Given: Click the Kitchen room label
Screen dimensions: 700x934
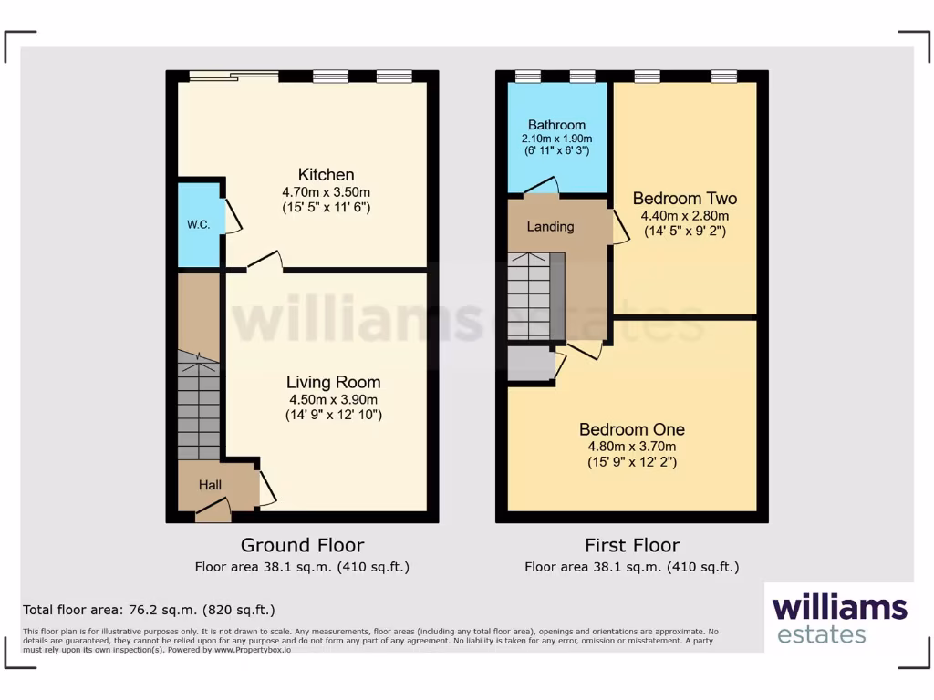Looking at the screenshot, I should (x=326, y=175).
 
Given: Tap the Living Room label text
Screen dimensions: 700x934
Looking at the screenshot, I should (x=333, y=382).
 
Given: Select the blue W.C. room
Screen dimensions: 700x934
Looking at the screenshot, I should (x=198, y=225).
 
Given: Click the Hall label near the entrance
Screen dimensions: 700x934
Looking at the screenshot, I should (x=211, y=485).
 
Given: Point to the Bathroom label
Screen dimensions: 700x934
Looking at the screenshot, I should (x=556, y=125).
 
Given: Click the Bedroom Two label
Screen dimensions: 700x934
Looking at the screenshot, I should (x=684, y=199).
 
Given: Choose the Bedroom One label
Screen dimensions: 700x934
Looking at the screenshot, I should (x=631, y=429).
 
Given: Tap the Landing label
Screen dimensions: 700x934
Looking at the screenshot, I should (x=550, y=226).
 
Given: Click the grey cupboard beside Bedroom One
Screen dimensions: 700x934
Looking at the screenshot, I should (x=530, y=364).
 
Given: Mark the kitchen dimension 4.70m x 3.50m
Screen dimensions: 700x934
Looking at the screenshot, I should (x=326, y=192).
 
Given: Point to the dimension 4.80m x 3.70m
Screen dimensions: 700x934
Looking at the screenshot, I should (x=631, y=447).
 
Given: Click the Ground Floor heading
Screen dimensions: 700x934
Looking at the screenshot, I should (x=302, y=545).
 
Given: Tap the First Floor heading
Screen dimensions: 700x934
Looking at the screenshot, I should (x=631, y=545).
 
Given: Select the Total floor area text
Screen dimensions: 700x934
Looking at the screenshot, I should (x=149, y=610).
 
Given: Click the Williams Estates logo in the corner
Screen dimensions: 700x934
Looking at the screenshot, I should (x=839, y=618).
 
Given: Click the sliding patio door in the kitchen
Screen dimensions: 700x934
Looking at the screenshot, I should (x=233, y=77).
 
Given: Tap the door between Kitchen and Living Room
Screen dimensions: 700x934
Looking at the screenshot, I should (x=265, y=263).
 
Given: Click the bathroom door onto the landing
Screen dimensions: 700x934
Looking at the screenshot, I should (x=542, y=188).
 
